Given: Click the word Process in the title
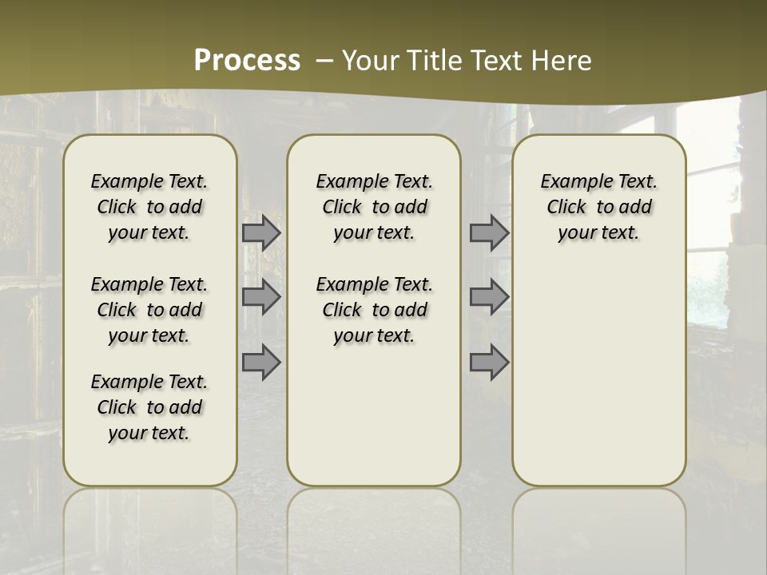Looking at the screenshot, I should click(247, 61).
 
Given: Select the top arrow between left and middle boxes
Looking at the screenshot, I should click(261, 232).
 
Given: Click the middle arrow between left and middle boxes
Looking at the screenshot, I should click(261, 297).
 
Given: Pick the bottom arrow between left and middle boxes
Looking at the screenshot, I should click(261, 363).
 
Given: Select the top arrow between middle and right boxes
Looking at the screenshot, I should click(489, 232).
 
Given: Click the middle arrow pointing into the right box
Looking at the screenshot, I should click(489, 297).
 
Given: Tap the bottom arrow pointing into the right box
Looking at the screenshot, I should click(489, 363).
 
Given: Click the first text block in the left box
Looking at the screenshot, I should click(149, 207).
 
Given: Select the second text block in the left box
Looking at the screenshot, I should click(149, 310).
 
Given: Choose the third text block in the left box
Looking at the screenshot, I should click(149, 407).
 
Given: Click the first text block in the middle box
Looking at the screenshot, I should click(374, 207).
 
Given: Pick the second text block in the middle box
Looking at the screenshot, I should click(374, 310).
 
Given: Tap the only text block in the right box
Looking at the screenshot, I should click(598, 207).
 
